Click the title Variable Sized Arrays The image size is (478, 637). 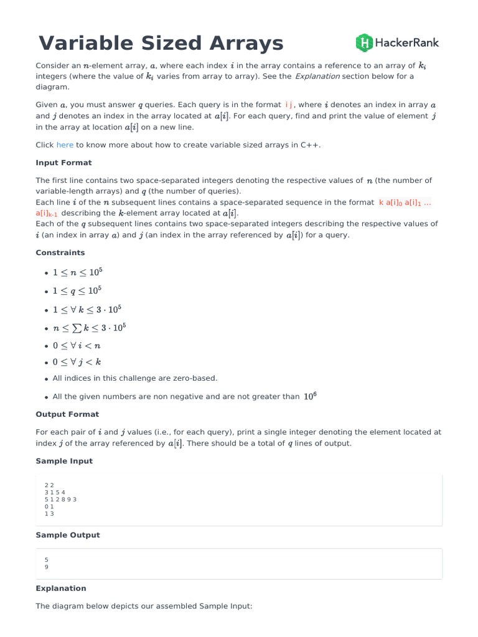(x=161, y=43)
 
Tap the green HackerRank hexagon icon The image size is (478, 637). (x=364, y=43)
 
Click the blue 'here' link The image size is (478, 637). (x=65, y=145)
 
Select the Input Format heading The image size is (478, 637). (x=63, y=162)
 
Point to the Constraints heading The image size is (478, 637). (x=60, y=253)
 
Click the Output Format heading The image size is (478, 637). (x=67, y=414)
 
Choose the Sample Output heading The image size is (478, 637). (x=68, y=535)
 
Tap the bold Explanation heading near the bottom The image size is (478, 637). (x=61, y=588)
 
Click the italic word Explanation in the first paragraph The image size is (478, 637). (x=317, y=77)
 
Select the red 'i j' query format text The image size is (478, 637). (x=289, y=105)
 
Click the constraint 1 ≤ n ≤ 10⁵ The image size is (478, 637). (x=77, y=272)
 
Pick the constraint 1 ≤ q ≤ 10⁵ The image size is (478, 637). (x=77, y=291)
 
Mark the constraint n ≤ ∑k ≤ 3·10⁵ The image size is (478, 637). (x=90, y=328)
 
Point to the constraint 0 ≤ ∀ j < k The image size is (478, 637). (x=77, y=362)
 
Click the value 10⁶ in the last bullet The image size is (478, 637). (x=310, y=396)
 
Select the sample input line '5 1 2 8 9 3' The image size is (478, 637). (x=61, y=499)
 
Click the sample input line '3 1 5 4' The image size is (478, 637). (x=55, y=492)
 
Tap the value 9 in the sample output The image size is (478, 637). (x=47, y=567)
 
